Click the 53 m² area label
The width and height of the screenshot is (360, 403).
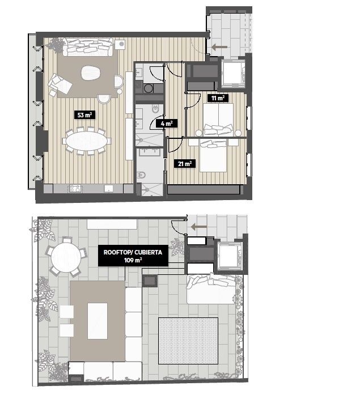pyautogui.click(x=84, y=115)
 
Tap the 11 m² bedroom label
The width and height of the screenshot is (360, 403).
pyautogui.click(x=218, y=98)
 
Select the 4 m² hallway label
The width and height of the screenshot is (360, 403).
pyautogui.click(x=167, y=124)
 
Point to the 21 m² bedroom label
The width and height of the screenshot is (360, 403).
pyautogui.click(x=185, y=163)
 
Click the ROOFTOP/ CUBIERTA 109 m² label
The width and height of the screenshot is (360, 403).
pyautogui.click(x=133, y=256)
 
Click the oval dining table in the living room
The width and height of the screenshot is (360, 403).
pyautogui.click(x=87, y=141)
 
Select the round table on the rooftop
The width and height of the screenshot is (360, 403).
pyautogui.click(x=66, y=257)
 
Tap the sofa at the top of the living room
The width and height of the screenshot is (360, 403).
pyautogui.click(x=88, y=47)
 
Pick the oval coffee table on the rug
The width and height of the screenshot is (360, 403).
pyautogui.click(x=91, y=73)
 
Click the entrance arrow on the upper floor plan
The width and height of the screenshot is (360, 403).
pyautogui.click(x=219, y=47)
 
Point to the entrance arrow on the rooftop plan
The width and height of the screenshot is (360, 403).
pyautogui.click(x=199, y=227)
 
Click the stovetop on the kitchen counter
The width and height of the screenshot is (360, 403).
pyautogui.click(x=75, y=189)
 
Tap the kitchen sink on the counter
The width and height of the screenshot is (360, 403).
pyautogui.click(x=108, y=189)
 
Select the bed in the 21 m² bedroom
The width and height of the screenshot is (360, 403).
pyautogui.click(x=213, y=155)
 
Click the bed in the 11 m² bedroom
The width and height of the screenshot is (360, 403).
pyautogui.click(x=218, y=119)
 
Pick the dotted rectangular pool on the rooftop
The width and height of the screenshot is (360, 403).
pyautogui.click(x=188, y=341)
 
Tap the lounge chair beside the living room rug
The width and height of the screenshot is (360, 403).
pyautogui.click(x=60, y=84)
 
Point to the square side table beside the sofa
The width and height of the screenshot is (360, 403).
pyautogui.click(x=120, y=44)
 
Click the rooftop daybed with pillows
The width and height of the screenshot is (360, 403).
pyautogui.click(x=211, y=289)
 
